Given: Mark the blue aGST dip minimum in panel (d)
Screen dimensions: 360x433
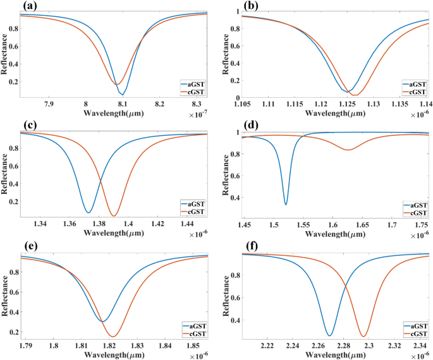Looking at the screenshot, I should (286, 204).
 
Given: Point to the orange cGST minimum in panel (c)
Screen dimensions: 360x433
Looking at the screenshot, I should (114, 215).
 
